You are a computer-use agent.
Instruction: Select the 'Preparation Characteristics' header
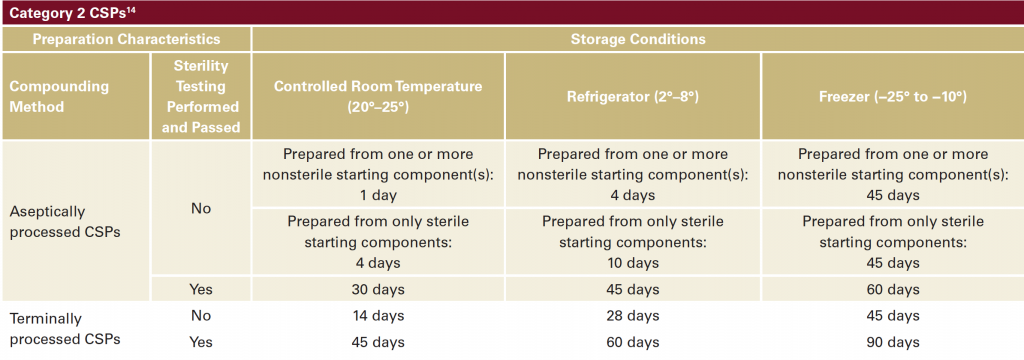[127, 39]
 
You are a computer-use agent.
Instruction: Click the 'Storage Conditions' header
[638, 39]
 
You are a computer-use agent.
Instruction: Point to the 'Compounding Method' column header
[59, 96]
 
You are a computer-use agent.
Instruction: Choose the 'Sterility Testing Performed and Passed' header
[200, 96]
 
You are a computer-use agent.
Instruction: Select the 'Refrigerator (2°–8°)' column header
[632, 97]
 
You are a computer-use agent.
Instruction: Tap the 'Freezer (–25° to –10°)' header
[893, 97]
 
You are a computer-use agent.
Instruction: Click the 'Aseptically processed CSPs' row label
[65, 221]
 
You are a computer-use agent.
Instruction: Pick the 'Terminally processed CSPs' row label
[65, 329]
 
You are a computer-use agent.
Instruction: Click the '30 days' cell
[378, 289]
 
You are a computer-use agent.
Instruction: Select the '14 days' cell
[378, 316]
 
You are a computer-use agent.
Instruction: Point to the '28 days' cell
[633, 316]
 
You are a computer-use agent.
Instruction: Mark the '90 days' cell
[893, 342]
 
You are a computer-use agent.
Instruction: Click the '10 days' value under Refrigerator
[633, 263]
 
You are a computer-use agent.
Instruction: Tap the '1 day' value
[378, 195]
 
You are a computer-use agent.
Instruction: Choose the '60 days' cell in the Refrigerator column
[633, 342]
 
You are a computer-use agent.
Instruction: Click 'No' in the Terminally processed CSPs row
[200, 316]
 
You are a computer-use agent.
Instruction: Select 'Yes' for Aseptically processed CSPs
[200, 289]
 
